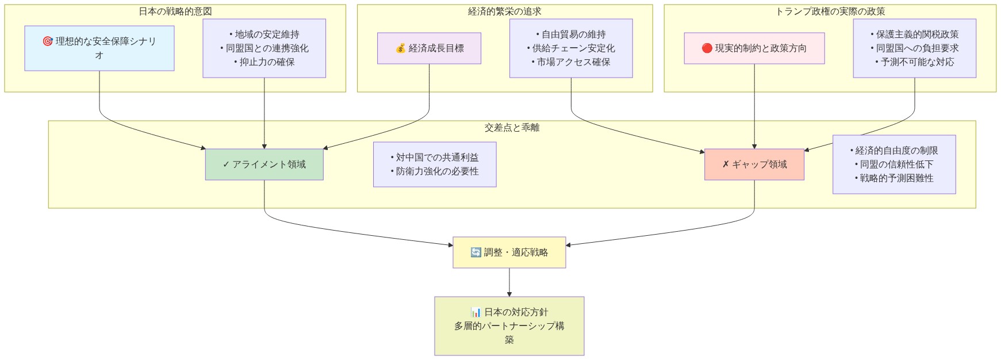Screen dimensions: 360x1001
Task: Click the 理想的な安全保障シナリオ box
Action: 99,48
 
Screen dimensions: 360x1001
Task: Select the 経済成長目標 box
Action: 429,48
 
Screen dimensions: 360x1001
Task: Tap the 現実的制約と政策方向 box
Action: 754,48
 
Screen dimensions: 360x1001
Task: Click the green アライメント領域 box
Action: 264,164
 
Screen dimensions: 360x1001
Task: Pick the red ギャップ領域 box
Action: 754,164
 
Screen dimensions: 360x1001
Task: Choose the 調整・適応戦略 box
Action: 509,252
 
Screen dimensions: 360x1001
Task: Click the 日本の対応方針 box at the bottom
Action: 509,326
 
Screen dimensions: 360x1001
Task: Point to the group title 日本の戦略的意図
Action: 175,12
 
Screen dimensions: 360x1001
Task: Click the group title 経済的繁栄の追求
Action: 504,12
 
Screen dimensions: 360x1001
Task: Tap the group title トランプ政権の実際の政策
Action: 830,12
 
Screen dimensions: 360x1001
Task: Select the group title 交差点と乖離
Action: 512,128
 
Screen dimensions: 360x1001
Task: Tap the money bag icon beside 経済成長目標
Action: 401,48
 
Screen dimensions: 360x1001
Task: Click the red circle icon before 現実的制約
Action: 707,48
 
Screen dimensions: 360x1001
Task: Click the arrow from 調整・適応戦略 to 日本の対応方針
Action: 509,282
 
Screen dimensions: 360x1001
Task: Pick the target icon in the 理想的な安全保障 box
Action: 48,41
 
